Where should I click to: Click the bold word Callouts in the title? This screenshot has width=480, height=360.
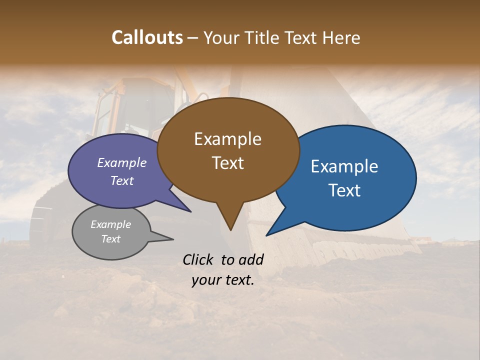147,37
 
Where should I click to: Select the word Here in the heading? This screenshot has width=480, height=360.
341,37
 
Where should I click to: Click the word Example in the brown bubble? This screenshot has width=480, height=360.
227,139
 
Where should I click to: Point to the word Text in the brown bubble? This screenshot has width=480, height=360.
227,163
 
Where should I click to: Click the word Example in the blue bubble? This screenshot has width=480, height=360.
344,166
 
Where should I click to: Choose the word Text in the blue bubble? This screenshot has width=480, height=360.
344,190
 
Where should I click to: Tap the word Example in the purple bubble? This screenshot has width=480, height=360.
121,162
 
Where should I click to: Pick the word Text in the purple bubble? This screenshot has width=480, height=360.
121,180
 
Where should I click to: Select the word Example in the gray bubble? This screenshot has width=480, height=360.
110,224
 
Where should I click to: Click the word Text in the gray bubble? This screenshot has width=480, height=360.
110,239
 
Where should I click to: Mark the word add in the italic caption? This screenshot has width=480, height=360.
251,259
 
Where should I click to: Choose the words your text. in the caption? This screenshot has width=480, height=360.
222,280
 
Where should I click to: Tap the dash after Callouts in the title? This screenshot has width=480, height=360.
192,38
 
